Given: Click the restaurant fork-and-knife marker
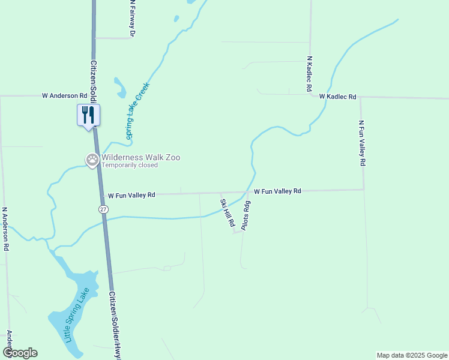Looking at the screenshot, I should click(89, 115).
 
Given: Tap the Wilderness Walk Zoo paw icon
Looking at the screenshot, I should click(92, 159).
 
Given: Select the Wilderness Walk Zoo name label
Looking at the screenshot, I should click(140, 157).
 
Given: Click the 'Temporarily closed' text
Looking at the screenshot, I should click(130, 165).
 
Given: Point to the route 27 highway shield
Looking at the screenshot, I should click(104, 208).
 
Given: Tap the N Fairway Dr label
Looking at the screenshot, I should click(131, 19).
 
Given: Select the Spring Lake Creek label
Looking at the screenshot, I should click(137, 111).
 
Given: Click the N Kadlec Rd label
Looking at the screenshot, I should click(309, 74).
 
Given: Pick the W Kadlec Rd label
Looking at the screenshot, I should click(337, 96).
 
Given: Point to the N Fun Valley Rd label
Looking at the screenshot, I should click(361, 143).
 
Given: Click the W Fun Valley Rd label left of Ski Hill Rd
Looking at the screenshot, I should click(131, 195).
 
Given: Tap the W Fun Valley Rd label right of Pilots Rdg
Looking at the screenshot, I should click(277, 191).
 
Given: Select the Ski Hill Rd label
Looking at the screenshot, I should click(228, 212).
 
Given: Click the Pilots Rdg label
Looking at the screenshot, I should click(246, 215).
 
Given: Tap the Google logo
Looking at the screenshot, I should click(20, 352).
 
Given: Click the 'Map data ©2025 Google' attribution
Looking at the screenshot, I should click(411, 355).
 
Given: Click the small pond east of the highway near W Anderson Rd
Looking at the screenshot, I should click(120, 88).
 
